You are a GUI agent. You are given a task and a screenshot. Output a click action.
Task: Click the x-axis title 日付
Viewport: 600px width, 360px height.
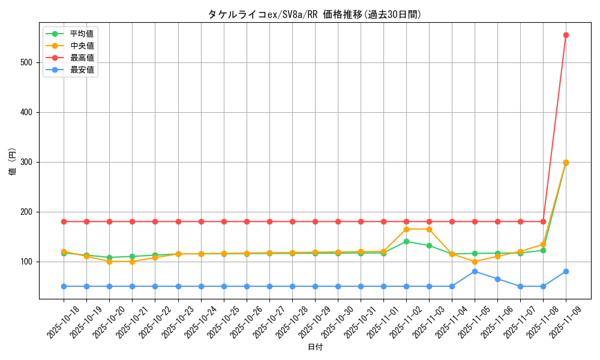click(314, 347)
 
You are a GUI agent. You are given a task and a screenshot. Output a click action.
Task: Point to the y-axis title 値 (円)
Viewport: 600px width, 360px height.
click(13, 162)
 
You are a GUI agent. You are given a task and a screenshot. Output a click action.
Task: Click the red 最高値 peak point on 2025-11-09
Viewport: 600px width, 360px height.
click(566, 35)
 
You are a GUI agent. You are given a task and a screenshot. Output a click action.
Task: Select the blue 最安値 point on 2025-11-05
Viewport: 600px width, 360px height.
click(475, 271)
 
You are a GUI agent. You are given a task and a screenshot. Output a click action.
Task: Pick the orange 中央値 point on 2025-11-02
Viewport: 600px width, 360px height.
click(406, 229)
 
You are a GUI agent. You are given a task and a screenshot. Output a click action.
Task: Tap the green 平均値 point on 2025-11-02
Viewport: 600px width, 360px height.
click(406, 241)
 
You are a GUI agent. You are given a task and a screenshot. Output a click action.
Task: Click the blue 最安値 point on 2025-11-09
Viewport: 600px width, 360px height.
click(566, 271)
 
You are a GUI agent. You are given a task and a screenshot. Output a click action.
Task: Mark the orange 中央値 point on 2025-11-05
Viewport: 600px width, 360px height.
click(475, 262)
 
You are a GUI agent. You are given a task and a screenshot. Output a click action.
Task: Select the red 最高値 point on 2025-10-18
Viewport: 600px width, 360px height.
click(64, 221)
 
